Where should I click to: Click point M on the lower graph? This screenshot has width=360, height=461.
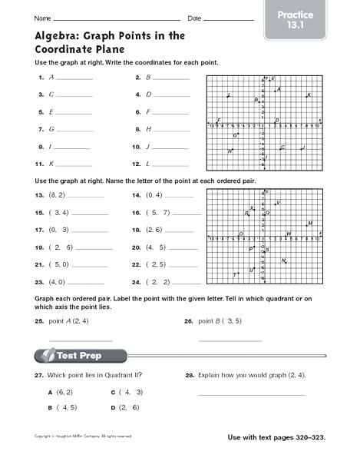click(308, 224)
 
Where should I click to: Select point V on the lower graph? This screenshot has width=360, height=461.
click(276, 204)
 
